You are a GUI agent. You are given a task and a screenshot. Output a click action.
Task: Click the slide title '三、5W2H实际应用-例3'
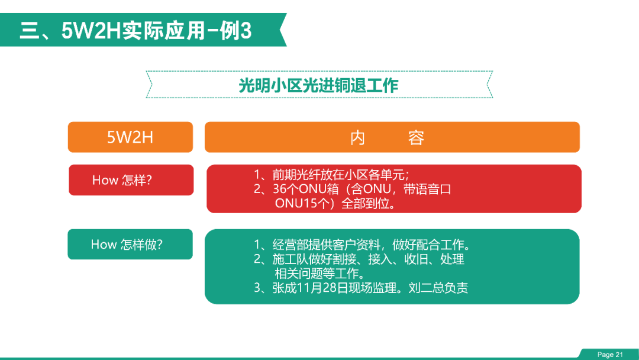point(135,31)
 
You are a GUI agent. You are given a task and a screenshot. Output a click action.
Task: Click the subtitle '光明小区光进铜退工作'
point(318,86)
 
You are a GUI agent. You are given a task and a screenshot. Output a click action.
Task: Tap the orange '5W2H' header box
point(130,137)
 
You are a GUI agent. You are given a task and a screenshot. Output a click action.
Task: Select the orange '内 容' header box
point(392,137)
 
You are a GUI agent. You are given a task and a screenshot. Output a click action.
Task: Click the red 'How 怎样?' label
point(131,180)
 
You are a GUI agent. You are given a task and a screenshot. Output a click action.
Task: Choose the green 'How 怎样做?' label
point(130,244)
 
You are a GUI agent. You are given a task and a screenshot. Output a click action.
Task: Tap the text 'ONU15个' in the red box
point(302,203)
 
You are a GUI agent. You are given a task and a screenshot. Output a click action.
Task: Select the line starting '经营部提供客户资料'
point(371,245)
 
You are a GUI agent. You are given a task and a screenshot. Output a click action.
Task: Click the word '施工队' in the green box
point(290,259)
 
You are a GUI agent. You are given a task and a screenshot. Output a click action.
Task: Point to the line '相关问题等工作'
point(317,273)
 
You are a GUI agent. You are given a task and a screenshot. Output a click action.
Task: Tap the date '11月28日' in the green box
point(319,288)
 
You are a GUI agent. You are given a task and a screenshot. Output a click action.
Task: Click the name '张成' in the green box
point(284,288)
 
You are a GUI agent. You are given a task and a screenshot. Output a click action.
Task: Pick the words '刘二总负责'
point(438,288)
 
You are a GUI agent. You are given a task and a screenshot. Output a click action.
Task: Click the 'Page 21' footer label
point(610,355)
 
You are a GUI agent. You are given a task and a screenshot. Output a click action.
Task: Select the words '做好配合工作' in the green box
point(428,245)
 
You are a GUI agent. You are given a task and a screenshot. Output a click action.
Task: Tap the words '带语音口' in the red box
point(427,189)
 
